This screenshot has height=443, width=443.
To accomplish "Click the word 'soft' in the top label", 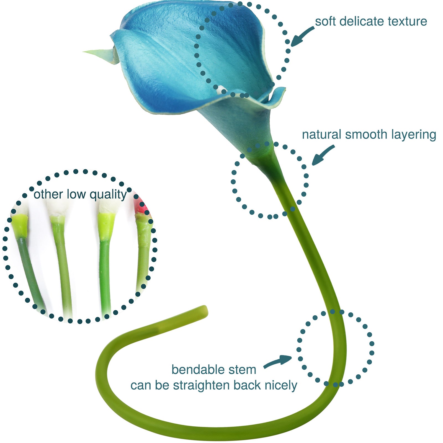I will [x=326, y=22].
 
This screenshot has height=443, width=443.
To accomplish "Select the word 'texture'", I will [x=407, y=22].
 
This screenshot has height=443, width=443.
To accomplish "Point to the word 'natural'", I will [x=321, y=135].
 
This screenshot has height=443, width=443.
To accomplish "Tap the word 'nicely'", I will [x=281, y=385].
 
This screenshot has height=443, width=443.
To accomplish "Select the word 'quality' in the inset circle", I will [x=108, y=195].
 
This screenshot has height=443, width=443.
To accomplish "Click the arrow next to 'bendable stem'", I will [x=278, y=361].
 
